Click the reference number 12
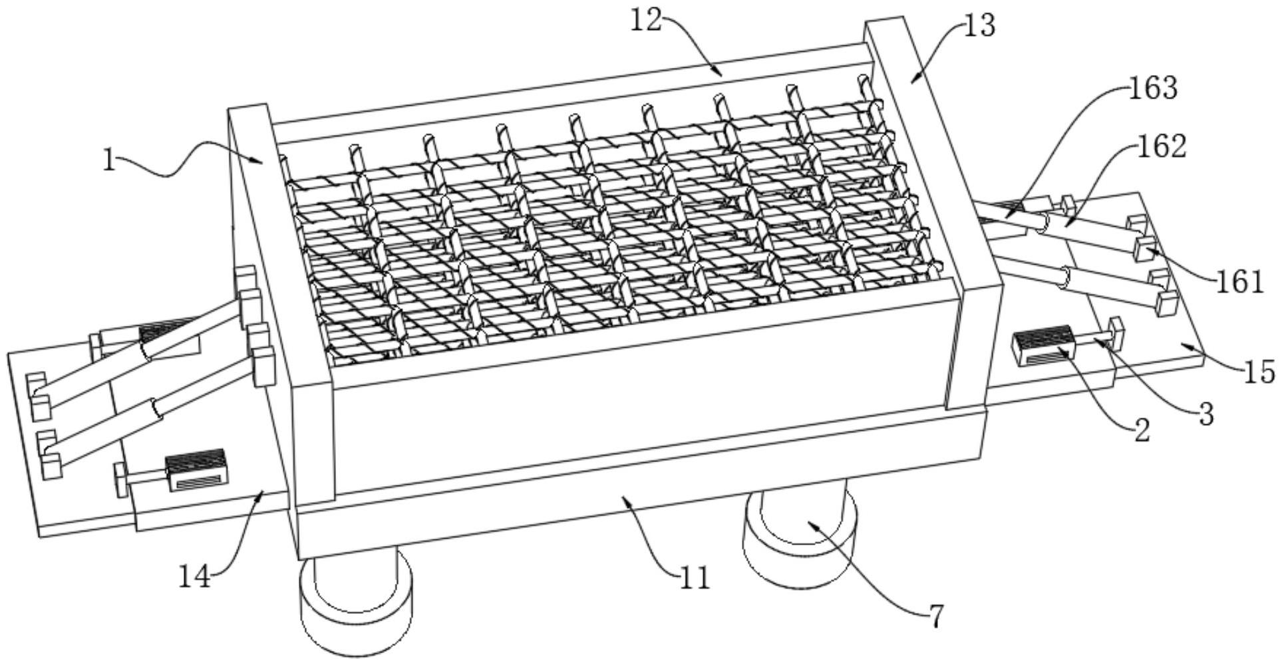click(647, 21)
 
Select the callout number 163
click(1153, 88)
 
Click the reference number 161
click(1239, 283)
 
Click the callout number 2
click(1142, 432)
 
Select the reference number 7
click(935, 618)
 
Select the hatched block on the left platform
click(196, 469)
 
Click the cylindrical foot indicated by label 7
click(800, 537)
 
